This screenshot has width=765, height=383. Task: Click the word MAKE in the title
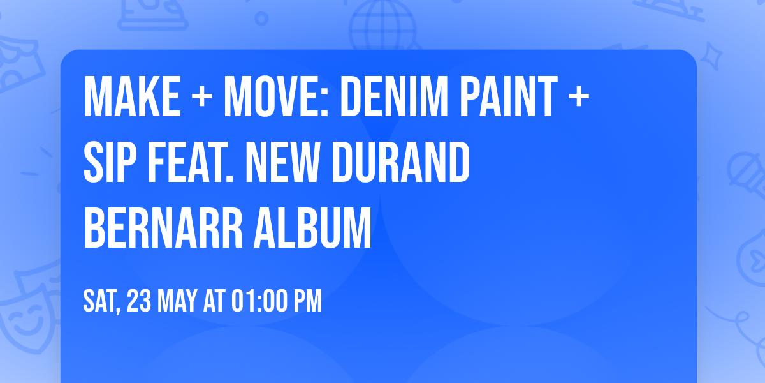pyautogui.click(x=132, y=97)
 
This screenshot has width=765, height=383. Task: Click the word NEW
pyautogui.click(x=284, y=163)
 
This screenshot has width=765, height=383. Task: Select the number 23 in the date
pyautogui.click(x=140, y=301)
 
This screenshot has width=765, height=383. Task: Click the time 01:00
pyautogui.click(x=256, y=301)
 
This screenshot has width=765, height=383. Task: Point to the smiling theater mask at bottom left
pyautogui.click(x=25, y=319)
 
